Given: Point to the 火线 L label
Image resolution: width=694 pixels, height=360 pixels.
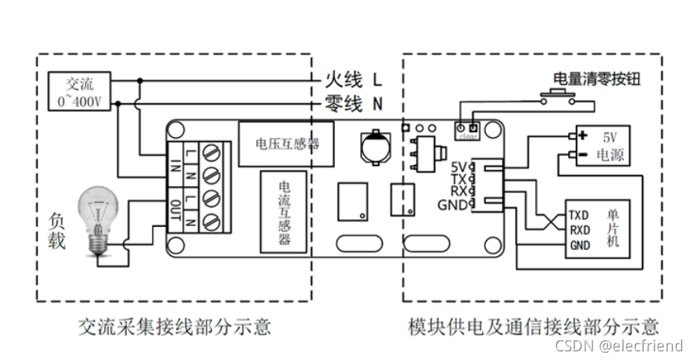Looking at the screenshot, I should (354, 80).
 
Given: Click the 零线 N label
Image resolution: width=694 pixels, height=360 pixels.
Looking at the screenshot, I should (354, 104).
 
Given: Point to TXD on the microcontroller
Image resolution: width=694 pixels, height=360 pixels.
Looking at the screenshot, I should (578, 215).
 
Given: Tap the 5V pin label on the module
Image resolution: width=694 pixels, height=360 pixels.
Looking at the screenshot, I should (459, 166).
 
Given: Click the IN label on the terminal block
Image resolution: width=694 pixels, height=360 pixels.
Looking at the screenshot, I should (176, 163).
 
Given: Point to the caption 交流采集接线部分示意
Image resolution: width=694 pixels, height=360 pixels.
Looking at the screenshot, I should (174, 325).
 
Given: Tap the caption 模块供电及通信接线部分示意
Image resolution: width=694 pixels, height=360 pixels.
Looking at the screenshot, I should (533, 325).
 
